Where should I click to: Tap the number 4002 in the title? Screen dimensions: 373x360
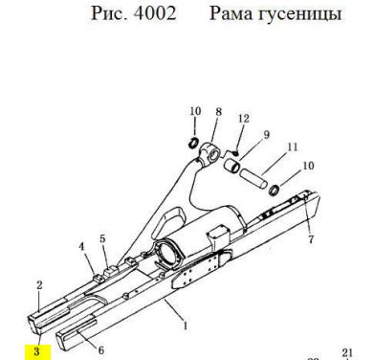(x=155, y=13)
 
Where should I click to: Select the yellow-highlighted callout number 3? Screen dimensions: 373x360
(x=37, y=351)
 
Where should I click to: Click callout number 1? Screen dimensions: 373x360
(x=186, y=326)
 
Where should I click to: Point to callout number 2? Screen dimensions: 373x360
(x=39, y=285)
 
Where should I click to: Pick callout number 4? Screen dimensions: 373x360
(x=82, y=246)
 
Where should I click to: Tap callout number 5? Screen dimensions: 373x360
(x=102, y=238)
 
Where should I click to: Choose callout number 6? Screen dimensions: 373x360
(x=101, y=350)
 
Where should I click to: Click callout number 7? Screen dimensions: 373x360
(x=311, y=238)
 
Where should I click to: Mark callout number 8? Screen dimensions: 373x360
(x=218, y=112)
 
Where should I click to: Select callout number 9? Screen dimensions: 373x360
(x=266, y=134)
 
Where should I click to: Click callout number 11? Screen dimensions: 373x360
(x=293, y=146)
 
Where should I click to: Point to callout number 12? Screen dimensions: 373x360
(x=243, y=119)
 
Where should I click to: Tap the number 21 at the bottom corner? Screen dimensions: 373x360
(x=347, y=352)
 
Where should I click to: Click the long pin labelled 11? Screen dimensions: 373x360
(x=253, y=178)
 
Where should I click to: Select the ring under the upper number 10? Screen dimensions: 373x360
(x=193, y=143)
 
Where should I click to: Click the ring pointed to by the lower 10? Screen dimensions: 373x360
(x=274, y=191)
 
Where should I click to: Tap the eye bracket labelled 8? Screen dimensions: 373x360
(x=210, y=152)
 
